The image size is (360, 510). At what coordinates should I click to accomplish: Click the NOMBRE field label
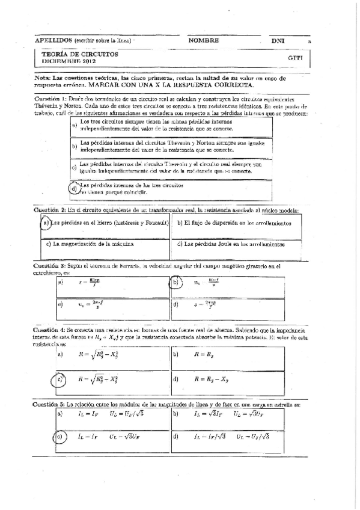(x=203, y=40)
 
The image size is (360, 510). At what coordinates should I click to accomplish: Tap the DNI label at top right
(x=278, y=40)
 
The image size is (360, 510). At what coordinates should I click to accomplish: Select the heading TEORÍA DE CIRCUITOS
(x=80, y=54)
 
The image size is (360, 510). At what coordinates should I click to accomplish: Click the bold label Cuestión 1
(x=49, y=99)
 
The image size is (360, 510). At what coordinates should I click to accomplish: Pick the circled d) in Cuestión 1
(x=75, y=188)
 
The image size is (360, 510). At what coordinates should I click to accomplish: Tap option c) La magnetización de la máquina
(x=90, y=244)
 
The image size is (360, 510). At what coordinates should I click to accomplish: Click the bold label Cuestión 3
(x=49, y=265)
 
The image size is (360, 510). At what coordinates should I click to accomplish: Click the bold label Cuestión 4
(x=49, y=331)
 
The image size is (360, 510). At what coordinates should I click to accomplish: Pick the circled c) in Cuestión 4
(x=60, y=380)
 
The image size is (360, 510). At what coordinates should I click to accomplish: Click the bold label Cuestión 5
(x=49, y=404)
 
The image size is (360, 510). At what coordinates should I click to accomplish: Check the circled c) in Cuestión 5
(x=59, y=437)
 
